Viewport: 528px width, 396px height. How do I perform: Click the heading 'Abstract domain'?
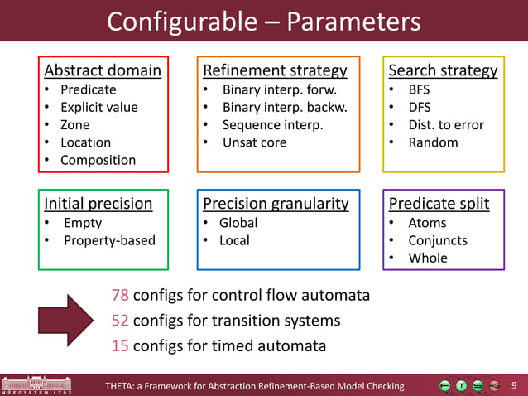[102, 70]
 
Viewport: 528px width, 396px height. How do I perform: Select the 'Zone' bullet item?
[75, 125]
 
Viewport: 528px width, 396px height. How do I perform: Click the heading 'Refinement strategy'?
[275, 70]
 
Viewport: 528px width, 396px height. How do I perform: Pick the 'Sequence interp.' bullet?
[272, 125]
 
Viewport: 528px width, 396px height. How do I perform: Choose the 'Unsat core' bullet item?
[254, 142]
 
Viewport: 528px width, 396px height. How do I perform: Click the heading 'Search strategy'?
[443, 70]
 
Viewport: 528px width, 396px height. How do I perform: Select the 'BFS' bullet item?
[419, 89]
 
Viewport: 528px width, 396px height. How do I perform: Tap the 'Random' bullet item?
[433, 142]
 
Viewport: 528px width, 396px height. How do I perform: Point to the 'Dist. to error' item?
[446, 125]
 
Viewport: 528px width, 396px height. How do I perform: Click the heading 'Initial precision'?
[98, 204]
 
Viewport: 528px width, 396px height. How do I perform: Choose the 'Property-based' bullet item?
[109, 240]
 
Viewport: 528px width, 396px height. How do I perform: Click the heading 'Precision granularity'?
[276, 204]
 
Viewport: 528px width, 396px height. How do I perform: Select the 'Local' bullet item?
[234, 240]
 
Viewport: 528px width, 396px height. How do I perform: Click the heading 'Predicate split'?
[439, 204]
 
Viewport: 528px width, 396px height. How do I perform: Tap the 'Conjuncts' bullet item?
[438, 240]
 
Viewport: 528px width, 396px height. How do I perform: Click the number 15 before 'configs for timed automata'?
[120, 345]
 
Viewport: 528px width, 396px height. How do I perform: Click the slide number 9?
[515, 385]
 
